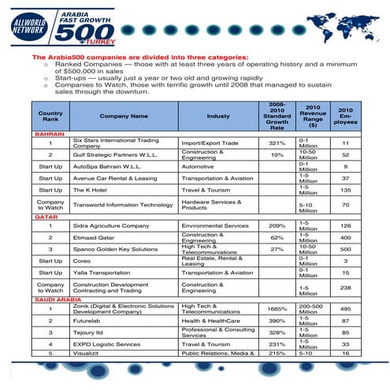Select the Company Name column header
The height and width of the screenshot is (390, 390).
(124, 116)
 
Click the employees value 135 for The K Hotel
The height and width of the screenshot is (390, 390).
(345, 190)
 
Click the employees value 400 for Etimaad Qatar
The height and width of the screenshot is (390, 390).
(345, 237)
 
